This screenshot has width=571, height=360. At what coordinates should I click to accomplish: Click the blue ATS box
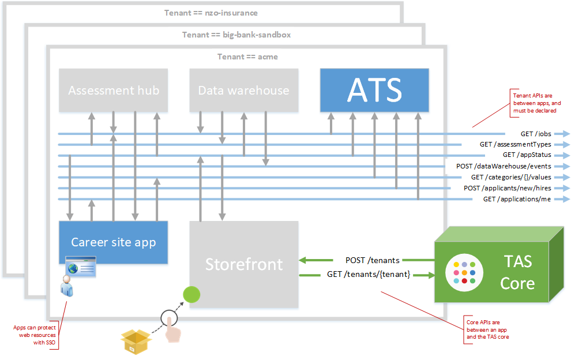(374, 90)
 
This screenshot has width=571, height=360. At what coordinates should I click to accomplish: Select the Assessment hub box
(113, 90)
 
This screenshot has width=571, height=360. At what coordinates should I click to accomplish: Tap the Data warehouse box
(243, 90)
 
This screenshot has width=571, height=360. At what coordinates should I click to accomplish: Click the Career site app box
(113, 242)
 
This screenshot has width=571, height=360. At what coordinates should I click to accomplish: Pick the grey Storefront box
(243, 264)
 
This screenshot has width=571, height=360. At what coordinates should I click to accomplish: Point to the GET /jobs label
(536, 134)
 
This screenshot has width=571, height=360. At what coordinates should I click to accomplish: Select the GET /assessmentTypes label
(515, 144)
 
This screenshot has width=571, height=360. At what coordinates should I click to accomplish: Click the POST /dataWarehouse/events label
(504, 166)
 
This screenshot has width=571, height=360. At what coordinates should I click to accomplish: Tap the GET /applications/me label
(517, 199)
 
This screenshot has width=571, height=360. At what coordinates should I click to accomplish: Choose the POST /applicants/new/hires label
(508, 188)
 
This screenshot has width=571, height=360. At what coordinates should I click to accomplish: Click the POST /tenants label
(373, 260)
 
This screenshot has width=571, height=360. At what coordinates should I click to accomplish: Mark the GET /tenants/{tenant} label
(369, 274)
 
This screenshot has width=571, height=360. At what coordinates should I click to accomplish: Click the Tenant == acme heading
(247, 57)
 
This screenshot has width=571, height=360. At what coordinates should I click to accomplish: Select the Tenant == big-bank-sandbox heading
(236, 35)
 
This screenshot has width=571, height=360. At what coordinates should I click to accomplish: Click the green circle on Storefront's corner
(191, 294)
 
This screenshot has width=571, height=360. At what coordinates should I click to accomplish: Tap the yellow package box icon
(136, 342)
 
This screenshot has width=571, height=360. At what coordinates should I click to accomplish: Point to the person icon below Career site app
(67, 286)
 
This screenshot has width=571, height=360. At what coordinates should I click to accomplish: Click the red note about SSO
(35, 335)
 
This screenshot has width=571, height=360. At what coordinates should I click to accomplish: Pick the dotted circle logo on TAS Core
(464, 272)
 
